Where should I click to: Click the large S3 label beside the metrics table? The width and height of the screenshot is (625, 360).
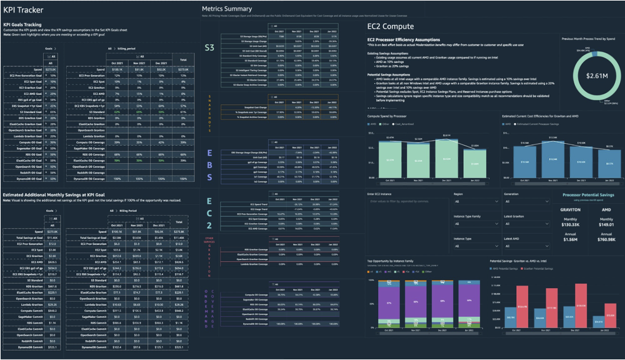coord(210,47)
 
